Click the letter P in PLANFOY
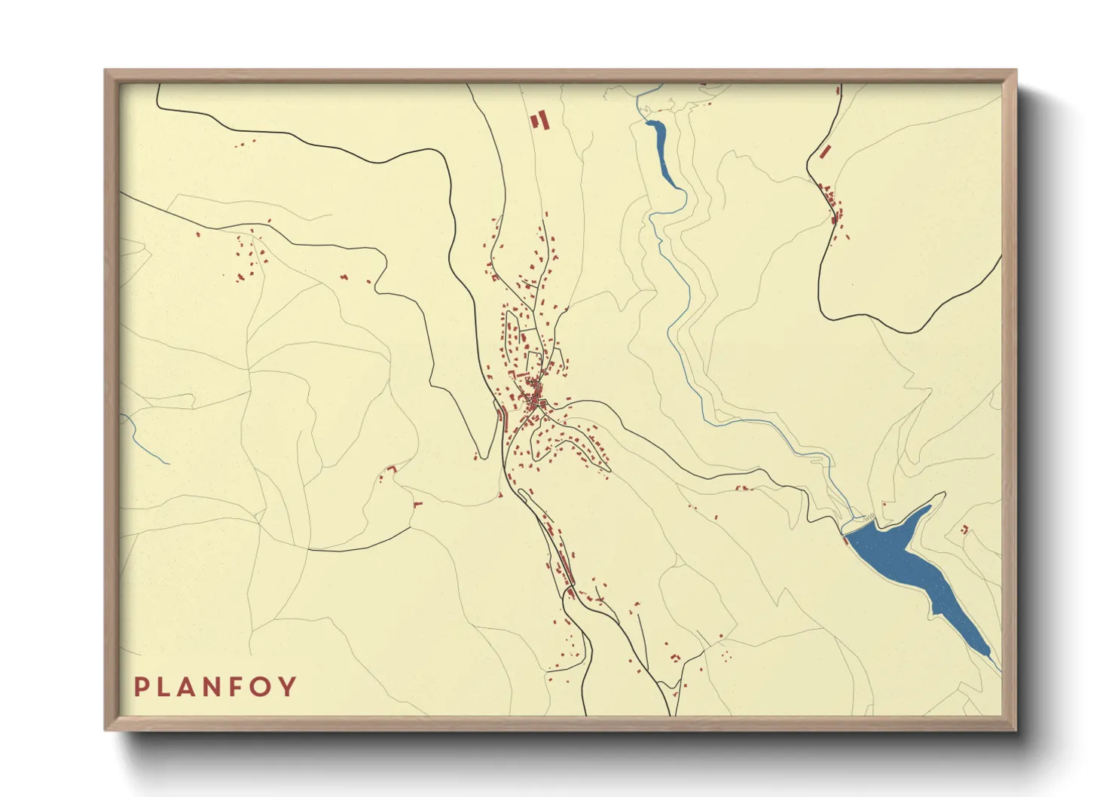point(141,687)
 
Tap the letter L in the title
point(165,687)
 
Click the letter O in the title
point(261,687)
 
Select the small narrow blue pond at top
point(661,148)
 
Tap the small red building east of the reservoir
point(964,530)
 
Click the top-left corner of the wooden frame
point(106,72)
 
